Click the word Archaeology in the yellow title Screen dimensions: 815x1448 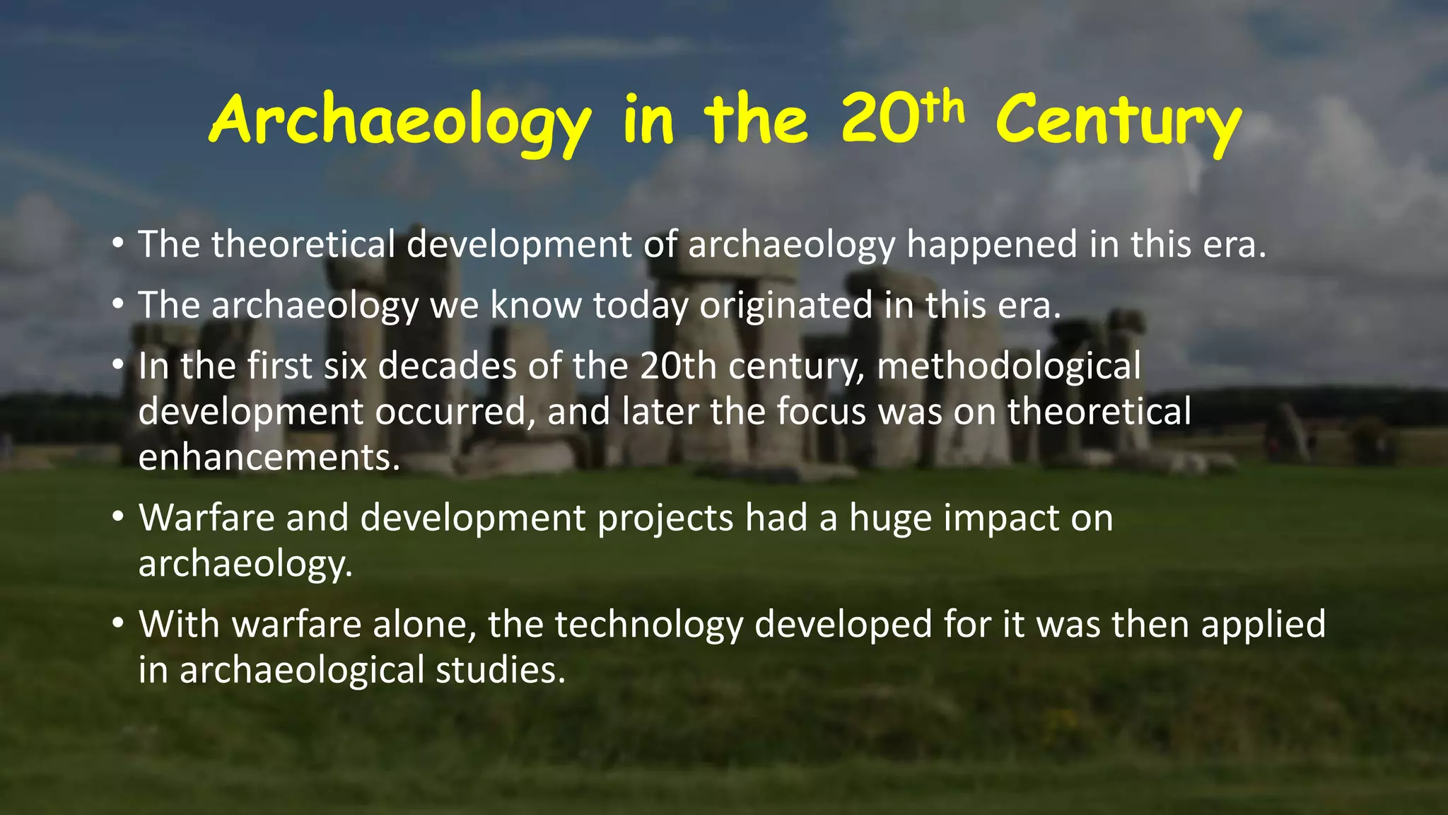click(x=399, y=122)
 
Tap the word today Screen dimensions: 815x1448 click(x=640, y=306)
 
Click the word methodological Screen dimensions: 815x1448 click(x=1009, y=366)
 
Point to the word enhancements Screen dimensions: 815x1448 click(x=269, y=457)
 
